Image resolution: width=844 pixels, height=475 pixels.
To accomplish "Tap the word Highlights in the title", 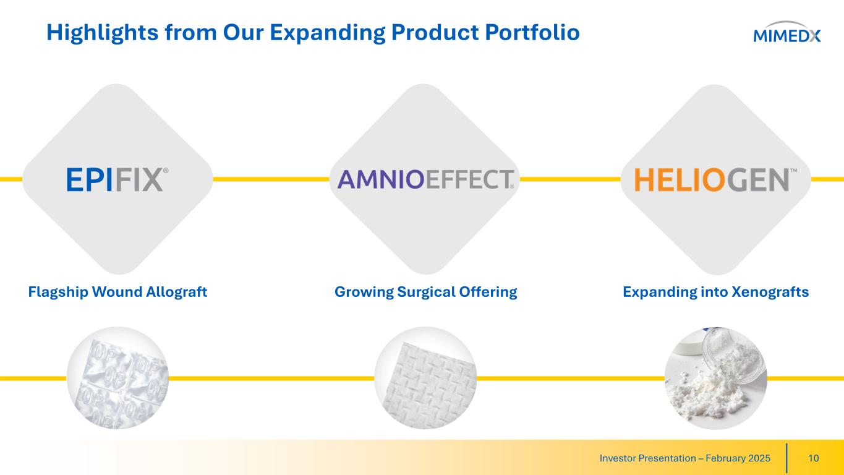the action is pos(103,33).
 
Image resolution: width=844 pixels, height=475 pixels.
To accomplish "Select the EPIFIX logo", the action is pos(117,180).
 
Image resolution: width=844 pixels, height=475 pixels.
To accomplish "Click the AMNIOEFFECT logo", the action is pos(426,179).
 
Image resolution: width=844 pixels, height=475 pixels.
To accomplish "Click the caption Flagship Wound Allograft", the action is pos(117,292).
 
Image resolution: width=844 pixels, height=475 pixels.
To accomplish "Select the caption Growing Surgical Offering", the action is pos(426,292).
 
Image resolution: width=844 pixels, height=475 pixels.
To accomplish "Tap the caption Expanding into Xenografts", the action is pos(715,292).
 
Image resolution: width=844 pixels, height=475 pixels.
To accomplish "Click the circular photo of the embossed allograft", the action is pos(117,378).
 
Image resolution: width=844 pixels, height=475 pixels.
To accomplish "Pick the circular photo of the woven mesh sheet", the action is pos(425,378).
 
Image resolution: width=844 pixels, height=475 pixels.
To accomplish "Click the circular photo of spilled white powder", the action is pos(715,378).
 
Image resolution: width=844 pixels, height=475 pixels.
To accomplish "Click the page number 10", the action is pos(814,458).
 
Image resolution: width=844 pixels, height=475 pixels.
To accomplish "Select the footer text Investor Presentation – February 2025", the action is pos(685,458).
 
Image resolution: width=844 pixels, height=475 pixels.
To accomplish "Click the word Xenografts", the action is pos(770,292).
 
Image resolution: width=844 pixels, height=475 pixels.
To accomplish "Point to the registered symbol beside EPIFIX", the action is pos(166,171).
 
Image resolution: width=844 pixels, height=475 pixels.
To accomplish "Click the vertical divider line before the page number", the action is pos(786,458).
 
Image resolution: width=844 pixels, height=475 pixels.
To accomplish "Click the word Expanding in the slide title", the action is pos(328,33).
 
